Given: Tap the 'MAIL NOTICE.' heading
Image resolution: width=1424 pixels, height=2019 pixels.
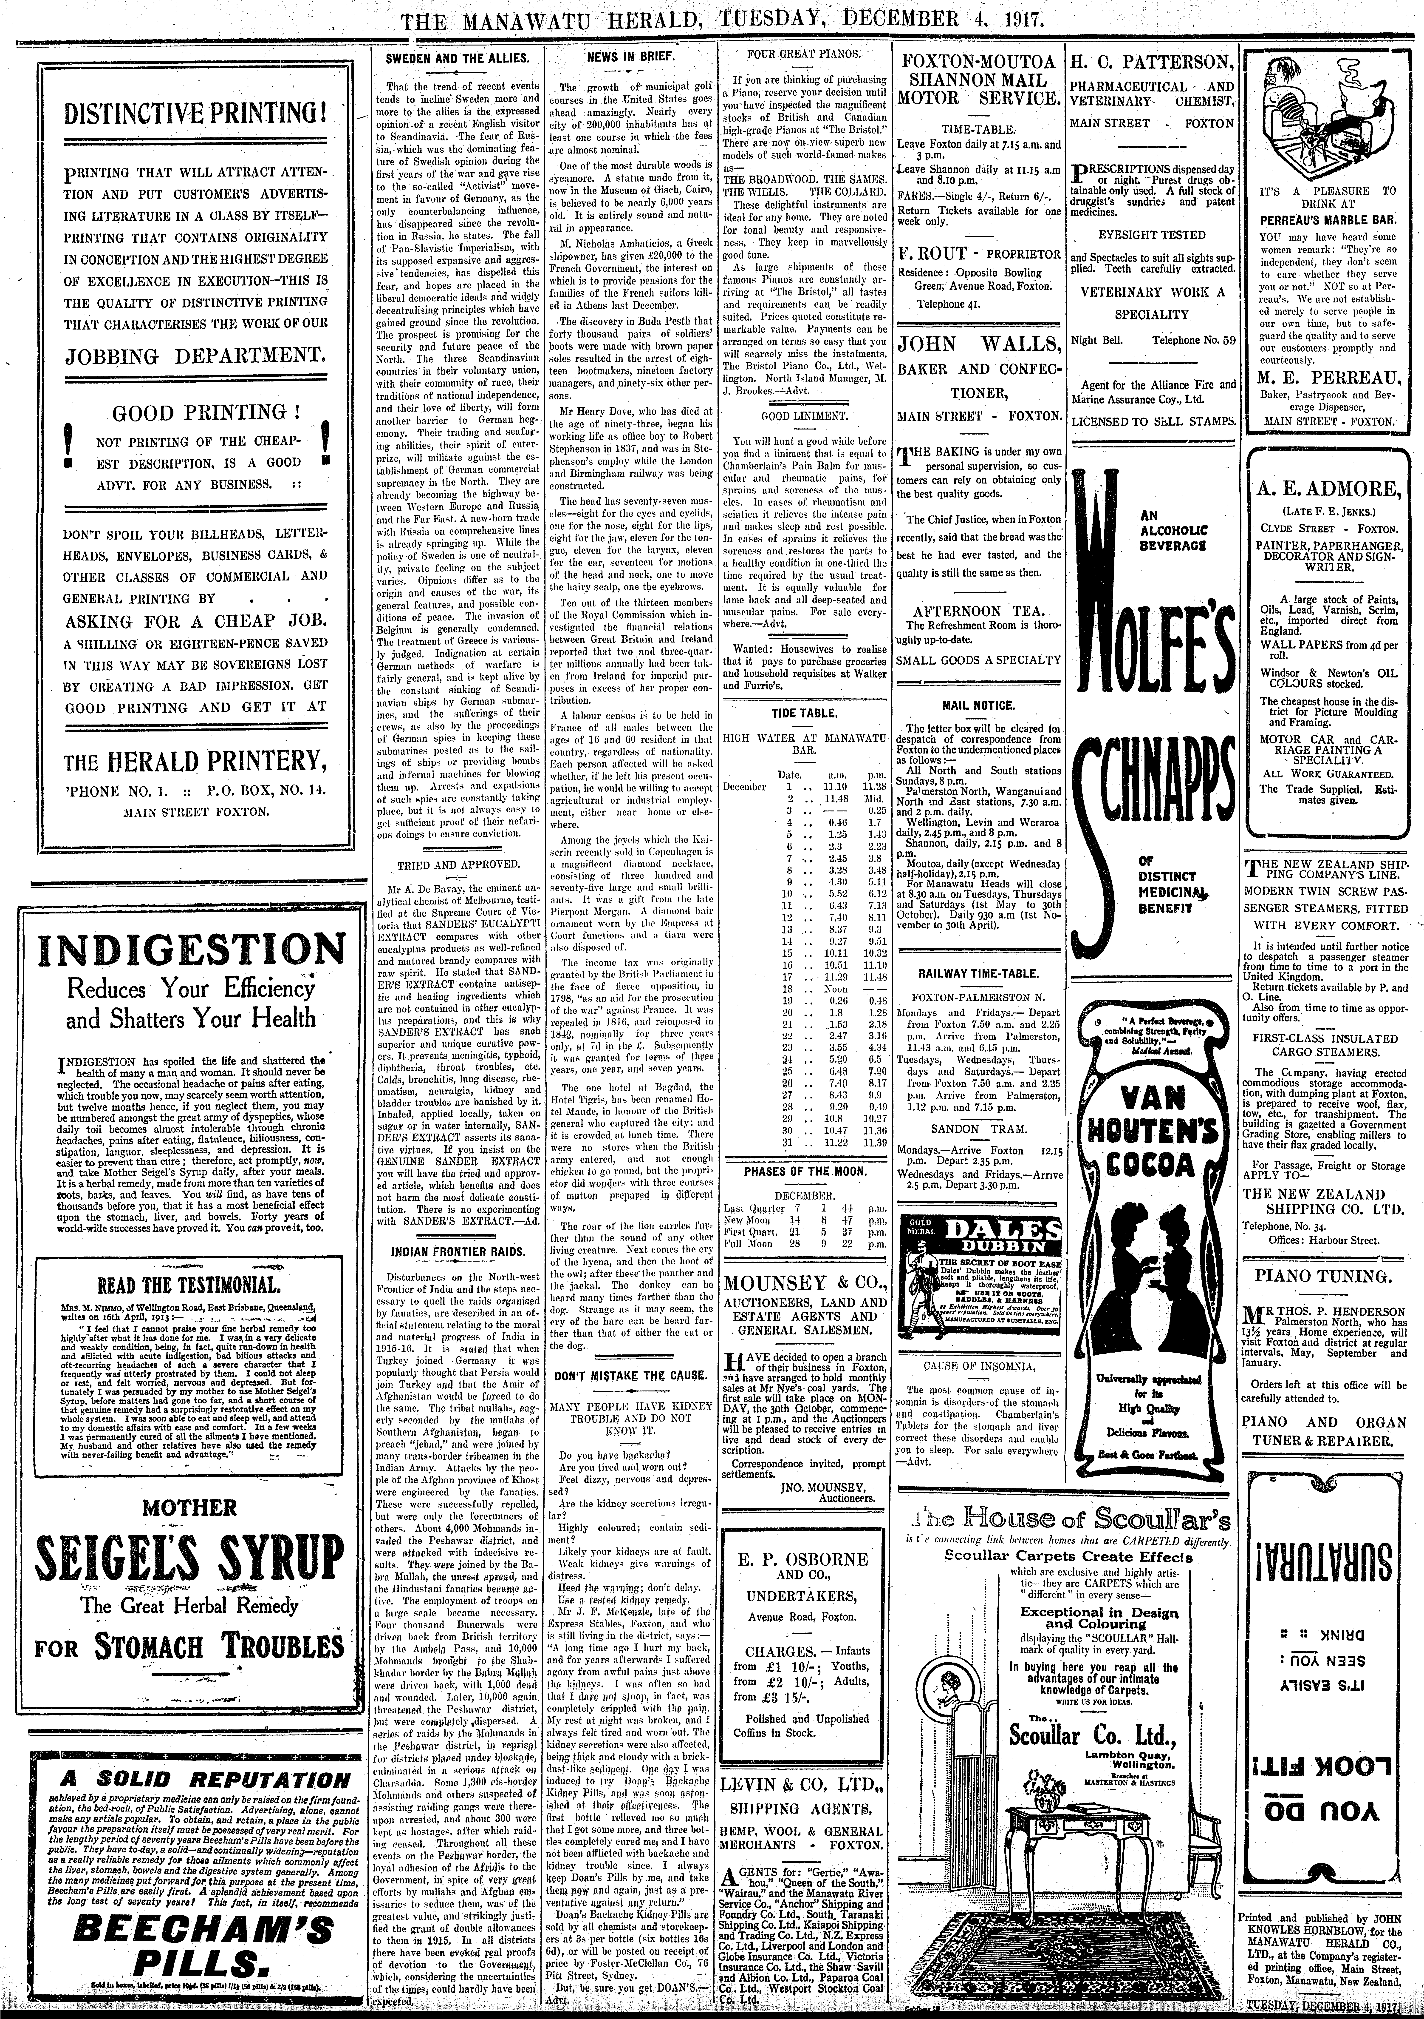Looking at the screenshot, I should (x=978, y=705).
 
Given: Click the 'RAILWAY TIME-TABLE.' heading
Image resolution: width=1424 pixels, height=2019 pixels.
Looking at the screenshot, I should (x=978, y=973).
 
